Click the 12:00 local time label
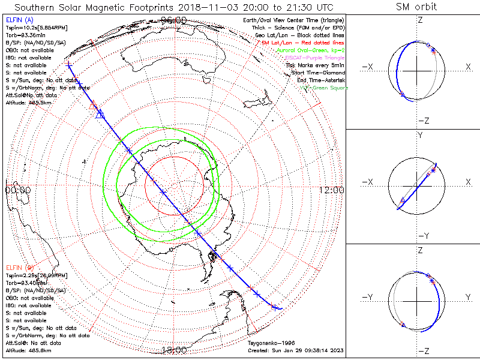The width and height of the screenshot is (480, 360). (x=332, y=190)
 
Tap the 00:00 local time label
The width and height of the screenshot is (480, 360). (x=17, y=190)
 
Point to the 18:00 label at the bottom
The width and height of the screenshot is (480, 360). (x=174, y=350)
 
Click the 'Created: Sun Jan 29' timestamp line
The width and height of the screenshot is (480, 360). (x=295, y=350)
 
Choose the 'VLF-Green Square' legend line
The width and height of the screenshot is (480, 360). (x=323, y=88)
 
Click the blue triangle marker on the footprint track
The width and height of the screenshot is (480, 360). (x=100, y=114)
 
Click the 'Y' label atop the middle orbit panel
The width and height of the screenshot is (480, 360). (x=420, y=136)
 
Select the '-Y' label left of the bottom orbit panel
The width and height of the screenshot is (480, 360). (x=367, y=297)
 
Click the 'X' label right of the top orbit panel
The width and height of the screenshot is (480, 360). (x=468, y=67)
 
